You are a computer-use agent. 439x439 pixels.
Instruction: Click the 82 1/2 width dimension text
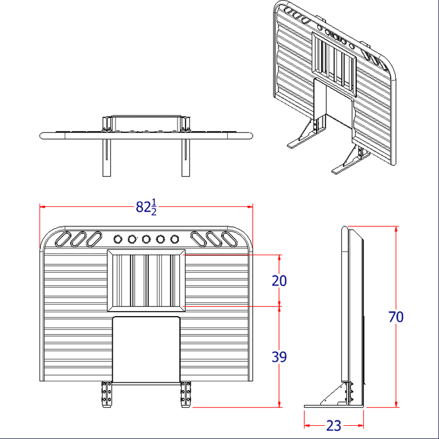(x=145, y=207)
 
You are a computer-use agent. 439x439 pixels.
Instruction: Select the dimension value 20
(x=279, y=281)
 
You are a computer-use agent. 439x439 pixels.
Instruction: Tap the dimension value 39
(x=279, y=357)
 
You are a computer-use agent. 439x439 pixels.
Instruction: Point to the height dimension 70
(x=396, y=317)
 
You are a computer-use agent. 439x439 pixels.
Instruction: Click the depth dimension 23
(x=334, y=426)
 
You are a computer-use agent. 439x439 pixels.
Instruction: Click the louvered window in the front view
(x=146, y=280)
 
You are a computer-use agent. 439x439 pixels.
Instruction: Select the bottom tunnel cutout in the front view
(x=146, y=349)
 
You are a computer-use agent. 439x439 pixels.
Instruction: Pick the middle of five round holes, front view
(x=146, y=239)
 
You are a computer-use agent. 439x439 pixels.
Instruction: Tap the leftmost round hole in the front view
(x=117, y=239)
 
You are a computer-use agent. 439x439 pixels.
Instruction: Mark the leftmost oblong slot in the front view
(x=65, y=239)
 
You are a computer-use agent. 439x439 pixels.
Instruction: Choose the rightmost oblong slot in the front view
(x=228, y=239)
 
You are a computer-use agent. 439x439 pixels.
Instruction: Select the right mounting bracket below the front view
(x=185, y=394)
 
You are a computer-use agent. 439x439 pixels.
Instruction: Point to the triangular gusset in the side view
(x=334, y=395)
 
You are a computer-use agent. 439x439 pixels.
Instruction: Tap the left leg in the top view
(x=107, y=157)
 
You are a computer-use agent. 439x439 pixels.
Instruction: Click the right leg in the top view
(x=186, y=157)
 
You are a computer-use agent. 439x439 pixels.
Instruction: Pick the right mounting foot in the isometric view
(x=348, y=162)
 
